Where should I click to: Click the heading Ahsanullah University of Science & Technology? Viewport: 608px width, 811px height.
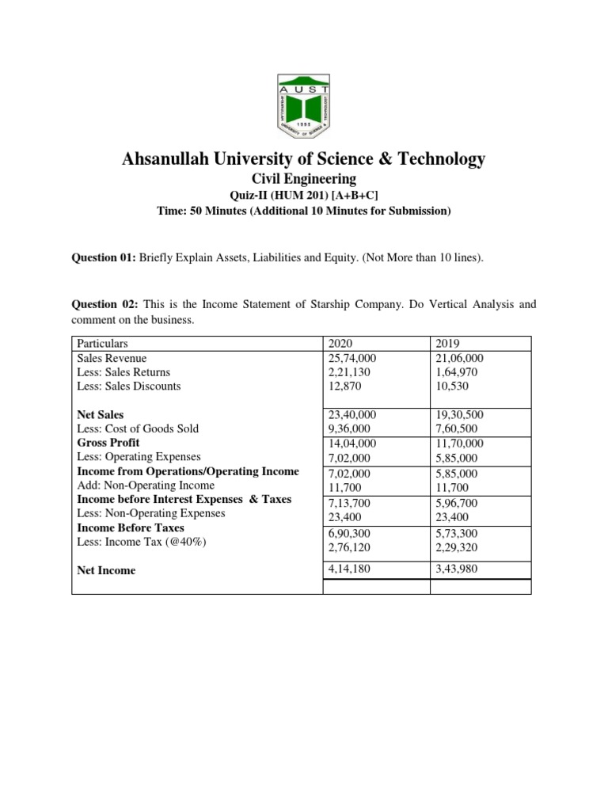(x=304, y=159)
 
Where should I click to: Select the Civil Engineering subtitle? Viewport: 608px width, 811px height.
(x=304, y=180)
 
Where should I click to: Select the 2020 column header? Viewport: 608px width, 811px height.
(x=340, y=344)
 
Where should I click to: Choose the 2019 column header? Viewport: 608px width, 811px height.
(x=448, y=344)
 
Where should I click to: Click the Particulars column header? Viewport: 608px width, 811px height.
(x=102, y=344)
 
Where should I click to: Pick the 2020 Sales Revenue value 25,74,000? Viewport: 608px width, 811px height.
(x=351, y=358)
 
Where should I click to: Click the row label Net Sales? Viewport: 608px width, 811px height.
(x=101, y=414)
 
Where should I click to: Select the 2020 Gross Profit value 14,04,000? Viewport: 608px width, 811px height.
(x=351, y=444)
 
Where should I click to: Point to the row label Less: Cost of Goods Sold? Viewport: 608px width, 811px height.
(x=138, y=428)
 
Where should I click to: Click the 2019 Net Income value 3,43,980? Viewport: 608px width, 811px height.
(x=457, y=569)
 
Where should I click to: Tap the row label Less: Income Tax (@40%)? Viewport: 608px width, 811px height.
(x=130, y=542)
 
